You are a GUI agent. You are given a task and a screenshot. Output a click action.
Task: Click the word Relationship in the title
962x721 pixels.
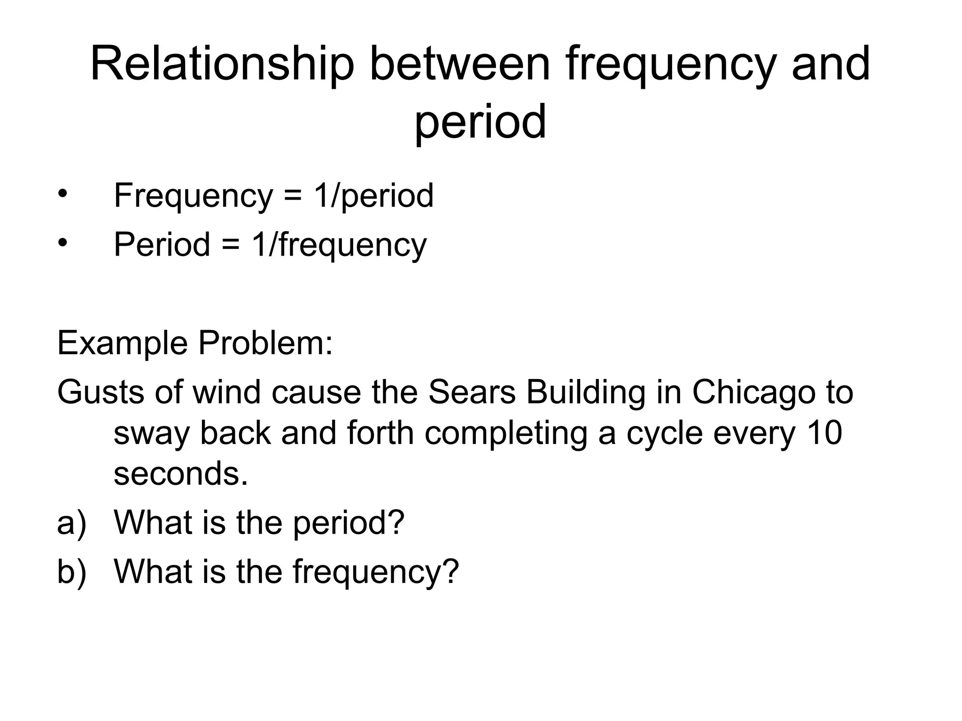click(x=222, y=64)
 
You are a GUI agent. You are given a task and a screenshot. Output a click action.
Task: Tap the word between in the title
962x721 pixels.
click(x=459, y=64)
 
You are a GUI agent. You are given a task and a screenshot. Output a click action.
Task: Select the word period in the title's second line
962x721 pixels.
click(x=480, y=122)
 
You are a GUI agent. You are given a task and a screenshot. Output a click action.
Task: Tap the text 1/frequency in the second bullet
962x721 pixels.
click(x=339, y=245)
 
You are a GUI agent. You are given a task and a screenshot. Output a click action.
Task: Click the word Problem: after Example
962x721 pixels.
click(x=265, y=343)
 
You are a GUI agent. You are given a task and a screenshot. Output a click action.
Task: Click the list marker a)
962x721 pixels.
click(x=72, y=523)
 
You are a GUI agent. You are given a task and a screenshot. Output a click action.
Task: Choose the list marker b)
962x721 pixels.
click(x=72, y=572)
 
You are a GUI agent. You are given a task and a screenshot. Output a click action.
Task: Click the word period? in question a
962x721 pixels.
click(x=349, y=523)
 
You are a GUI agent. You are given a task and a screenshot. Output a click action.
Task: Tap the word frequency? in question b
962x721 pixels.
click(x=375, y=572)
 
